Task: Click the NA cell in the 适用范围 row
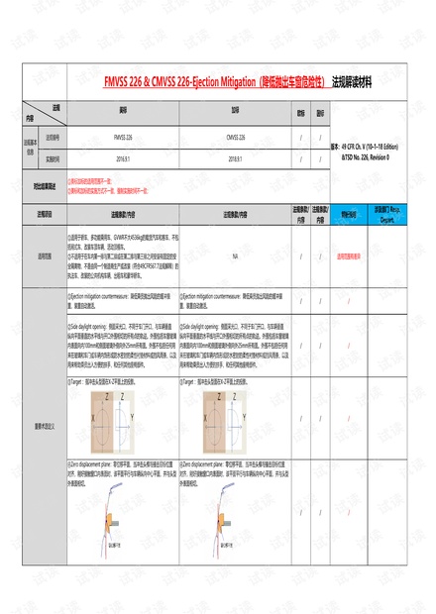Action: tap(235, 256)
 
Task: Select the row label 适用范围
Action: tap(45, 256)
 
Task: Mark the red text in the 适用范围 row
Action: tap(349, 256)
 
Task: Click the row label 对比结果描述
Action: tap(43, 184)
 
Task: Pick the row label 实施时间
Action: tap(52, 157)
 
